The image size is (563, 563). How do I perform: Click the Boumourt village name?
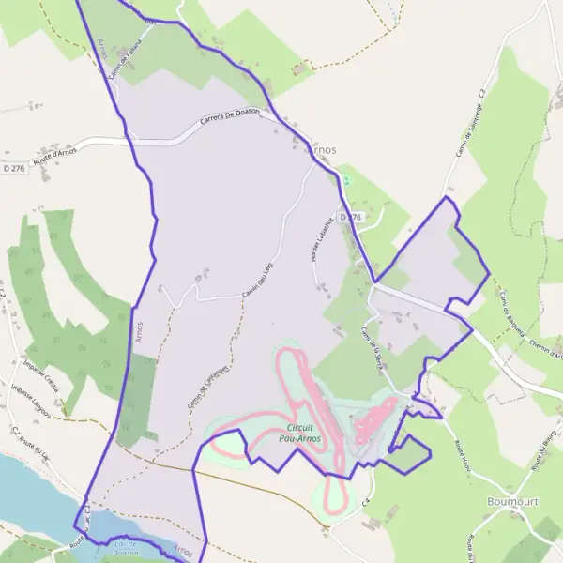pyautogui.click(x=513, y=502)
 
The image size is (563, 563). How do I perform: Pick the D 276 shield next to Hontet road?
pyautogui.click(x=351, y=216)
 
